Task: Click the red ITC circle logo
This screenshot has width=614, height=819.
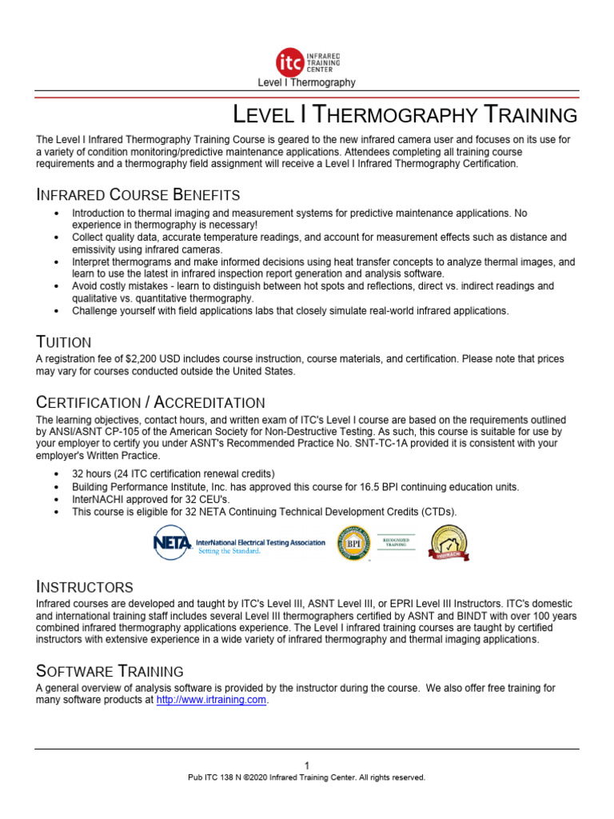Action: [288, 62]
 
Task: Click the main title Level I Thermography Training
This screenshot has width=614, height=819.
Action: [404, 115]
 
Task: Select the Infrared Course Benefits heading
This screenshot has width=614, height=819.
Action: [138, 194]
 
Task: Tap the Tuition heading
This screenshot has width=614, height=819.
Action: [64, 342]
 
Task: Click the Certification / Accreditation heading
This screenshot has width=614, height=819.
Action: [151, 402]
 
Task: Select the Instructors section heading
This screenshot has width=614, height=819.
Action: [85, 587]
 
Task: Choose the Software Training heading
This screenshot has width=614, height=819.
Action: [110, 670]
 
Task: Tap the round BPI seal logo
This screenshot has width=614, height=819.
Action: [354, 543]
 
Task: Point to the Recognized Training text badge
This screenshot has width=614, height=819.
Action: [397, 542]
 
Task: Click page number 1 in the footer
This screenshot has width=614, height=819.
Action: [306, 765]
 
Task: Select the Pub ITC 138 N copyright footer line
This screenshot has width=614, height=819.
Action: [306, 777]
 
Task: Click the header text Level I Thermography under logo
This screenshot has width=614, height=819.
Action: [306, 82]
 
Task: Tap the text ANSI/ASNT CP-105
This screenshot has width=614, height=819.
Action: [95, 431]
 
